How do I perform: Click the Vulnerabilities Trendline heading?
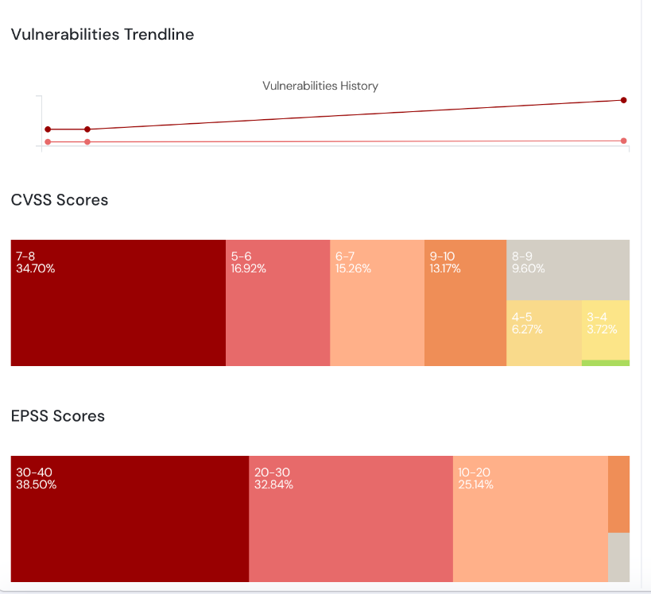click(x=103, y=34)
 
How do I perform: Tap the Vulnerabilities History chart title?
click(x=320, y=86)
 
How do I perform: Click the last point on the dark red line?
click(x=623, y=100)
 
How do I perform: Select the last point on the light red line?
click(x=623, y=141)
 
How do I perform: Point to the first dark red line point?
click(x=48, y=129)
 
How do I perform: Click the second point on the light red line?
click(x=87, y=142)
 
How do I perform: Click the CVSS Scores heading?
click(x=60, y=200)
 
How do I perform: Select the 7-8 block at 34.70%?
click(x=118, y=303)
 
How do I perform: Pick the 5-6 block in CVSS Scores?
click(x=277, y=303)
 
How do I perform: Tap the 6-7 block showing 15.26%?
click(x=377, y=303)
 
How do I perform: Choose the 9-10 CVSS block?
click(x=465, y=303)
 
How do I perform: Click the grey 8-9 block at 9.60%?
click(x=568, y=270)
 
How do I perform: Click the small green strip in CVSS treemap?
click(x=606, y=363)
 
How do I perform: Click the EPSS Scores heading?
click(x=58, y=416)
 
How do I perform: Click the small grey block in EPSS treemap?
click(x=619, y=557)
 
